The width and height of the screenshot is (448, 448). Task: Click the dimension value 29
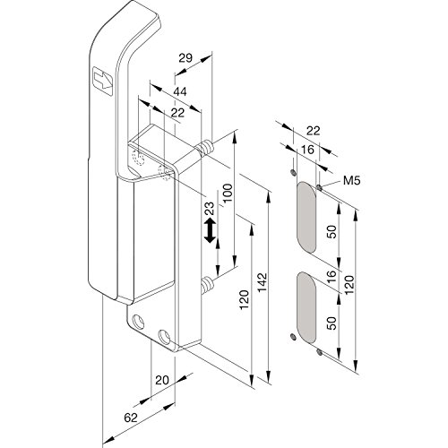[x=185, y=57]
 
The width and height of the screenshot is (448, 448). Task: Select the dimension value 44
[x=180, y=91]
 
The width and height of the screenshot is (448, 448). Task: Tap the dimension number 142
[x=263, y=282]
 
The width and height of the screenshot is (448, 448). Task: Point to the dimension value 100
[x=228, y=193]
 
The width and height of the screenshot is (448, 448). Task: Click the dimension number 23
[x=210, y=208]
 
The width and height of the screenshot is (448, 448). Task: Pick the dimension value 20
[x=162, y=380]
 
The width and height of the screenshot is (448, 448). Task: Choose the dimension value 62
[x=131, y=418]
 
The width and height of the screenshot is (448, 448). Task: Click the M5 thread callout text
[x=351, y=180]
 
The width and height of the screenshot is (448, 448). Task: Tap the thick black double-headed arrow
[x=210, y=230]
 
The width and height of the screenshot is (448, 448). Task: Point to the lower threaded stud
[x=206, y=285]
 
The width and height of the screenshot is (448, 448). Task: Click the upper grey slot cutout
[x=306, y=217]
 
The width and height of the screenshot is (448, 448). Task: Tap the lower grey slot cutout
[x=306, y=307]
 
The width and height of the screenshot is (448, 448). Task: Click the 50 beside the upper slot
[x=332, y=231]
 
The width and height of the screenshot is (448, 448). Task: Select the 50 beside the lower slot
[x=332, y=323]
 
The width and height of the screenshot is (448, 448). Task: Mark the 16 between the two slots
[x=332, y=277]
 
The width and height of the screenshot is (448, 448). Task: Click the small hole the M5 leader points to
[x=319, y=187]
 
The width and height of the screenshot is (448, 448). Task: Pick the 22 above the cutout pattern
[x=313, y=131]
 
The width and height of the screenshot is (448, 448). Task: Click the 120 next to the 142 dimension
[x=245, y=299]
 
